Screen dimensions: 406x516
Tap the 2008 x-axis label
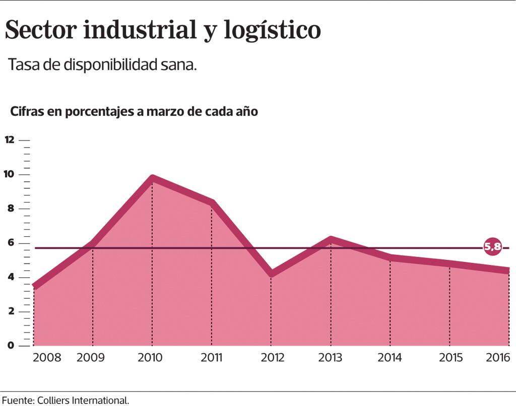pos(47,358)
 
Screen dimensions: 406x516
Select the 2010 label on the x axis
pos(150,358)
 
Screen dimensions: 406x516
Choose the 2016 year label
pos(498,358)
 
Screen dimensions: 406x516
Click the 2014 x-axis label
pos(390,358)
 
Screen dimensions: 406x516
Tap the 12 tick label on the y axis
pos(10,140)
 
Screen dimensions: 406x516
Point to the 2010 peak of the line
pos(152,179)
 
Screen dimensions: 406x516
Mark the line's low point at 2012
pos(271,274)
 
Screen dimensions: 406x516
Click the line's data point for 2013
pos(331,240)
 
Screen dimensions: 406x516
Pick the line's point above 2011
pos(212,203)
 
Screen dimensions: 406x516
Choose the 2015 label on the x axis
pos(451,358)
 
